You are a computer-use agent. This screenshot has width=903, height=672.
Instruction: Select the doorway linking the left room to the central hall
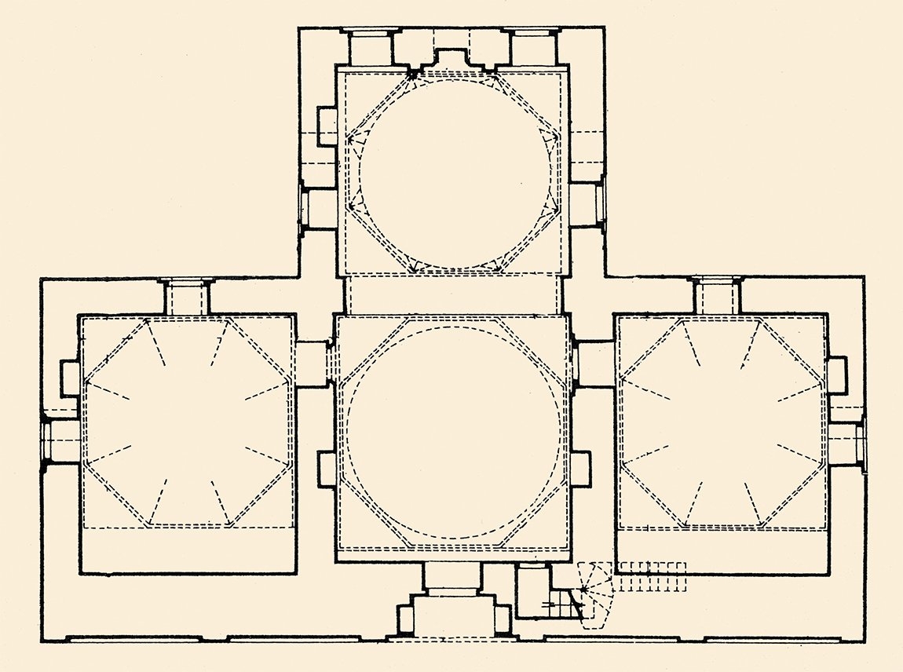315,363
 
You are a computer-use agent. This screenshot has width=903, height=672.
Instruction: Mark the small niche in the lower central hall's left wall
327,469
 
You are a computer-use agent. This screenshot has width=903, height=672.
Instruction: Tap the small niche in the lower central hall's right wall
579,469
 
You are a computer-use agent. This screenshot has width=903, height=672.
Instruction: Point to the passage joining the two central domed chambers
453,296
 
